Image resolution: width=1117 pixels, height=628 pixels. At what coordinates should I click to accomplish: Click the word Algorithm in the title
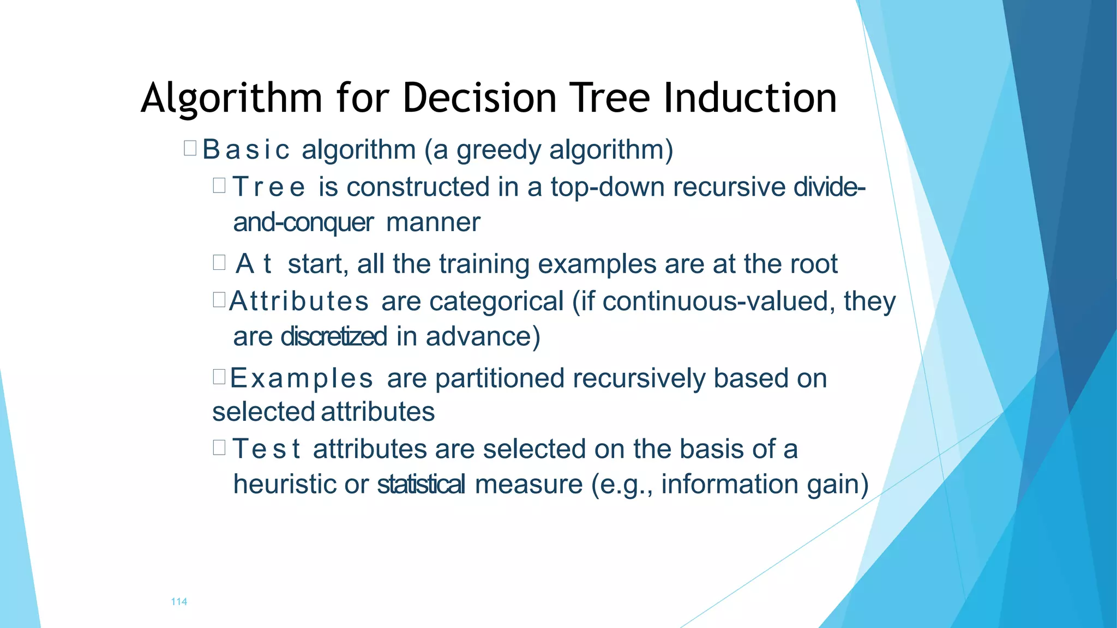pos(231,98)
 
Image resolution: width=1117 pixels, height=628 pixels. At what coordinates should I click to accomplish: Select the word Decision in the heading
pos(479,98)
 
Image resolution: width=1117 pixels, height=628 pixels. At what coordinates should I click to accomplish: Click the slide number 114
pos(179,602)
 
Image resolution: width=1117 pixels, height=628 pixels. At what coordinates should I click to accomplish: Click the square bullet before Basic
pos(190,148)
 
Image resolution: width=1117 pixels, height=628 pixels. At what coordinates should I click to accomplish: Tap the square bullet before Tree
pos(219,186)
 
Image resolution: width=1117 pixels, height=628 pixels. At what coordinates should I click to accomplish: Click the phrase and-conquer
pos(303,222)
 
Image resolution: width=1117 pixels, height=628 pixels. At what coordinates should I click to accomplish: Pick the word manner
pos(433,222)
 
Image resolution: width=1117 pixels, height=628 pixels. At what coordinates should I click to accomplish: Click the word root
pos(812,264)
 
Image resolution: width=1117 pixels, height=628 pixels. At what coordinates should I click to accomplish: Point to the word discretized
pos(334,336)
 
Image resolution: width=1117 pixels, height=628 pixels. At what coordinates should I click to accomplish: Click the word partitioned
pos(500,378)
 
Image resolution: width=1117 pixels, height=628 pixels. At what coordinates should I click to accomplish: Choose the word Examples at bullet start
pos(302,378)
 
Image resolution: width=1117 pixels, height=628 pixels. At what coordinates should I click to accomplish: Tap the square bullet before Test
pos(219,448)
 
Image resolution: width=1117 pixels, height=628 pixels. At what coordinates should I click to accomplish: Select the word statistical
pos(421,484)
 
